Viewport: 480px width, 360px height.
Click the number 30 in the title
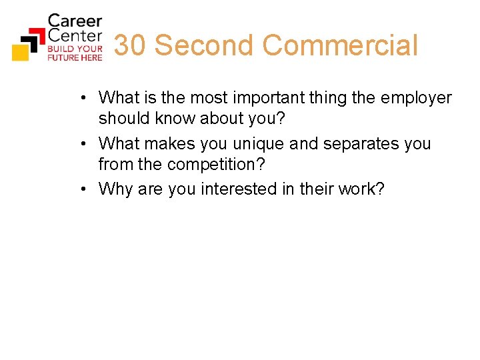130,46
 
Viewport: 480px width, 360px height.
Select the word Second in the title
204,46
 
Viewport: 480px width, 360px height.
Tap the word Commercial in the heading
340,46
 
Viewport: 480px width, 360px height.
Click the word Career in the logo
74,21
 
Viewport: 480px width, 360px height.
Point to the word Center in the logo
74,36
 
